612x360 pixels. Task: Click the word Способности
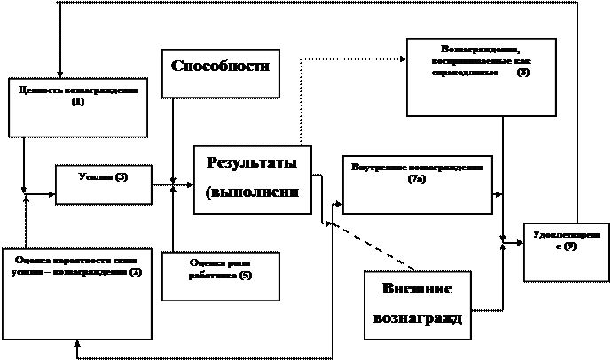219,67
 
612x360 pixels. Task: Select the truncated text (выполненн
252,192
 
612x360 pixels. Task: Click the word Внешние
417,289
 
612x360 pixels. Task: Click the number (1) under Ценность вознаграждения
78,102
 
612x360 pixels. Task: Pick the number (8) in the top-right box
522,72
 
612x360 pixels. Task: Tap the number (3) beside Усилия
121,177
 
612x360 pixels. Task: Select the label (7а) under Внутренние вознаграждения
417,179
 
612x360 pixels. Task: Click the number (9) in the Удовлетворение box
569,246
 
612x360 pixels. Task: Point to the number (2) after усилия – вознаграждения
135,271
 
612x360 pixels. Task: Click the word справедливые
462,72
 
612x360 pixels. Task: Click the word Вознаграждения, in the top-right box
479,49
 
